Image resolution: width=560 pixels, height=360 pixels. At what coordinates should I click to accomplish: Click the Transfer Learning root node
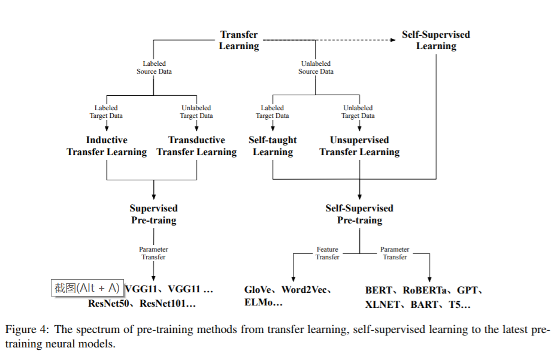pyautogui.click(x=239, y=40)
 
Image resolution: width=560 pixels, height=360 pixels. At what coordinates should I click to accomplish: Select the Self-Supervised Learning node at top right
pyautogui.click(x=435, y=40)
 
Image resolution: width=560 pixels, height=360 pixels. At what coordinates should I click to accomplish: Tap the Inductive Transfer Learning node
pyautogui.click(x=107, y=146)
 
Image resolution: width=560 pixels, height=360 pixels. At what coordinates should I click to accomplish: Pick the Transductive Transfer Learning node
pyautogui.click(x=196, y=146)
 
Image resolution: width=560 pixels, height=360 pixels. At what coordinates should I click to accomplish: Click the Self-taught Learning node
pyautogui.click(x=273, y=146)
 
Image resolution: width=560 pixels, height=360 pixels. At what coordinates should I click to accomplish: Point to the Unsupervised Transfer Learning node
pyautogui.click(x=359, y=146)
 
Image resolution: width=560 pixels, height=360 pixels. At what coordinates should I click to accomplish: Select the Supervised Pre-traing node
pyautogui.click(x=153, y=214)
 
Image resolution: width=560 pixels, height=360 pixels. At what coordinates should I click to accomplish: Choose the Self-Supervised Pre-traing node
pyautogui.click(x=359, y=214)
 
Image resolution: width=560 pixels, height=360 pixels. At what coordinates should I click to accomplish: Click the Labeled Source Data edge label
pyautogui.click(x=154, y=68)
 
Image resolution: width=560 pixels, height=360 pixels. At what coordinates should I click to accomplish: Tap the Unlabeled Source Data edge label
pyautogui.click(x=316, y=68)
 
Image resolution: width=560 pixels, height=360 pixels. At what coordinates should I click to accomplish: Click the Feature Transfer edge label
pyautogui.click(x=327, y=253)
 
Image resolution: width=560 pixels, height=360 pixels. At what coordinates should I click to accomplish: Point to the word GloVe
pyautogui.click(x=258, y=290)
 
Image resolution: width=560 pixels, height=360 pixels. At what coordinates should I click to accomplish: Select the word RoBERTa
pyautogui.click(x=425, y=290)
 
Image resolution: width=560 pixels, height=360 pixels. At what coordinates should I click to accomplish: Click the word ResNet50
pyautogui.click(x=108, y=304)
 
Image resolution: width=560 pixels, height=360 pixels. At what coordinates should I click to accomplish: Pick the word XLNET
pyautogui.click(x=382, y=305)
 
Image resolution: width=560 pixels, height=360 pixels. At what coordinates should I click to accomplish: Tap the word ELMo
pyautogui.click(x=259, y=302)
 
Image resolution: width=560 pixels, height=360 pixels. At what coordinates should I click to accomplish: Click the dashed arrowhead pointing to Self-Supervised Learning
pyautogui.click(x=393, y=40)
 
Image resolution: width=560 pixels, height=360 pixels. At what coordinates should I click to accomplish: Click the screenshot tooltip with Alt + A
pyautogui.click(x=87, y=288)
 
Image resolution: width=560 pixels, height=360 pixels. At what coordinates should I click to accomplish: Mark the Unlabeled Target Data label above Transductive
pyautogui.click(x=196, y=112)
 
